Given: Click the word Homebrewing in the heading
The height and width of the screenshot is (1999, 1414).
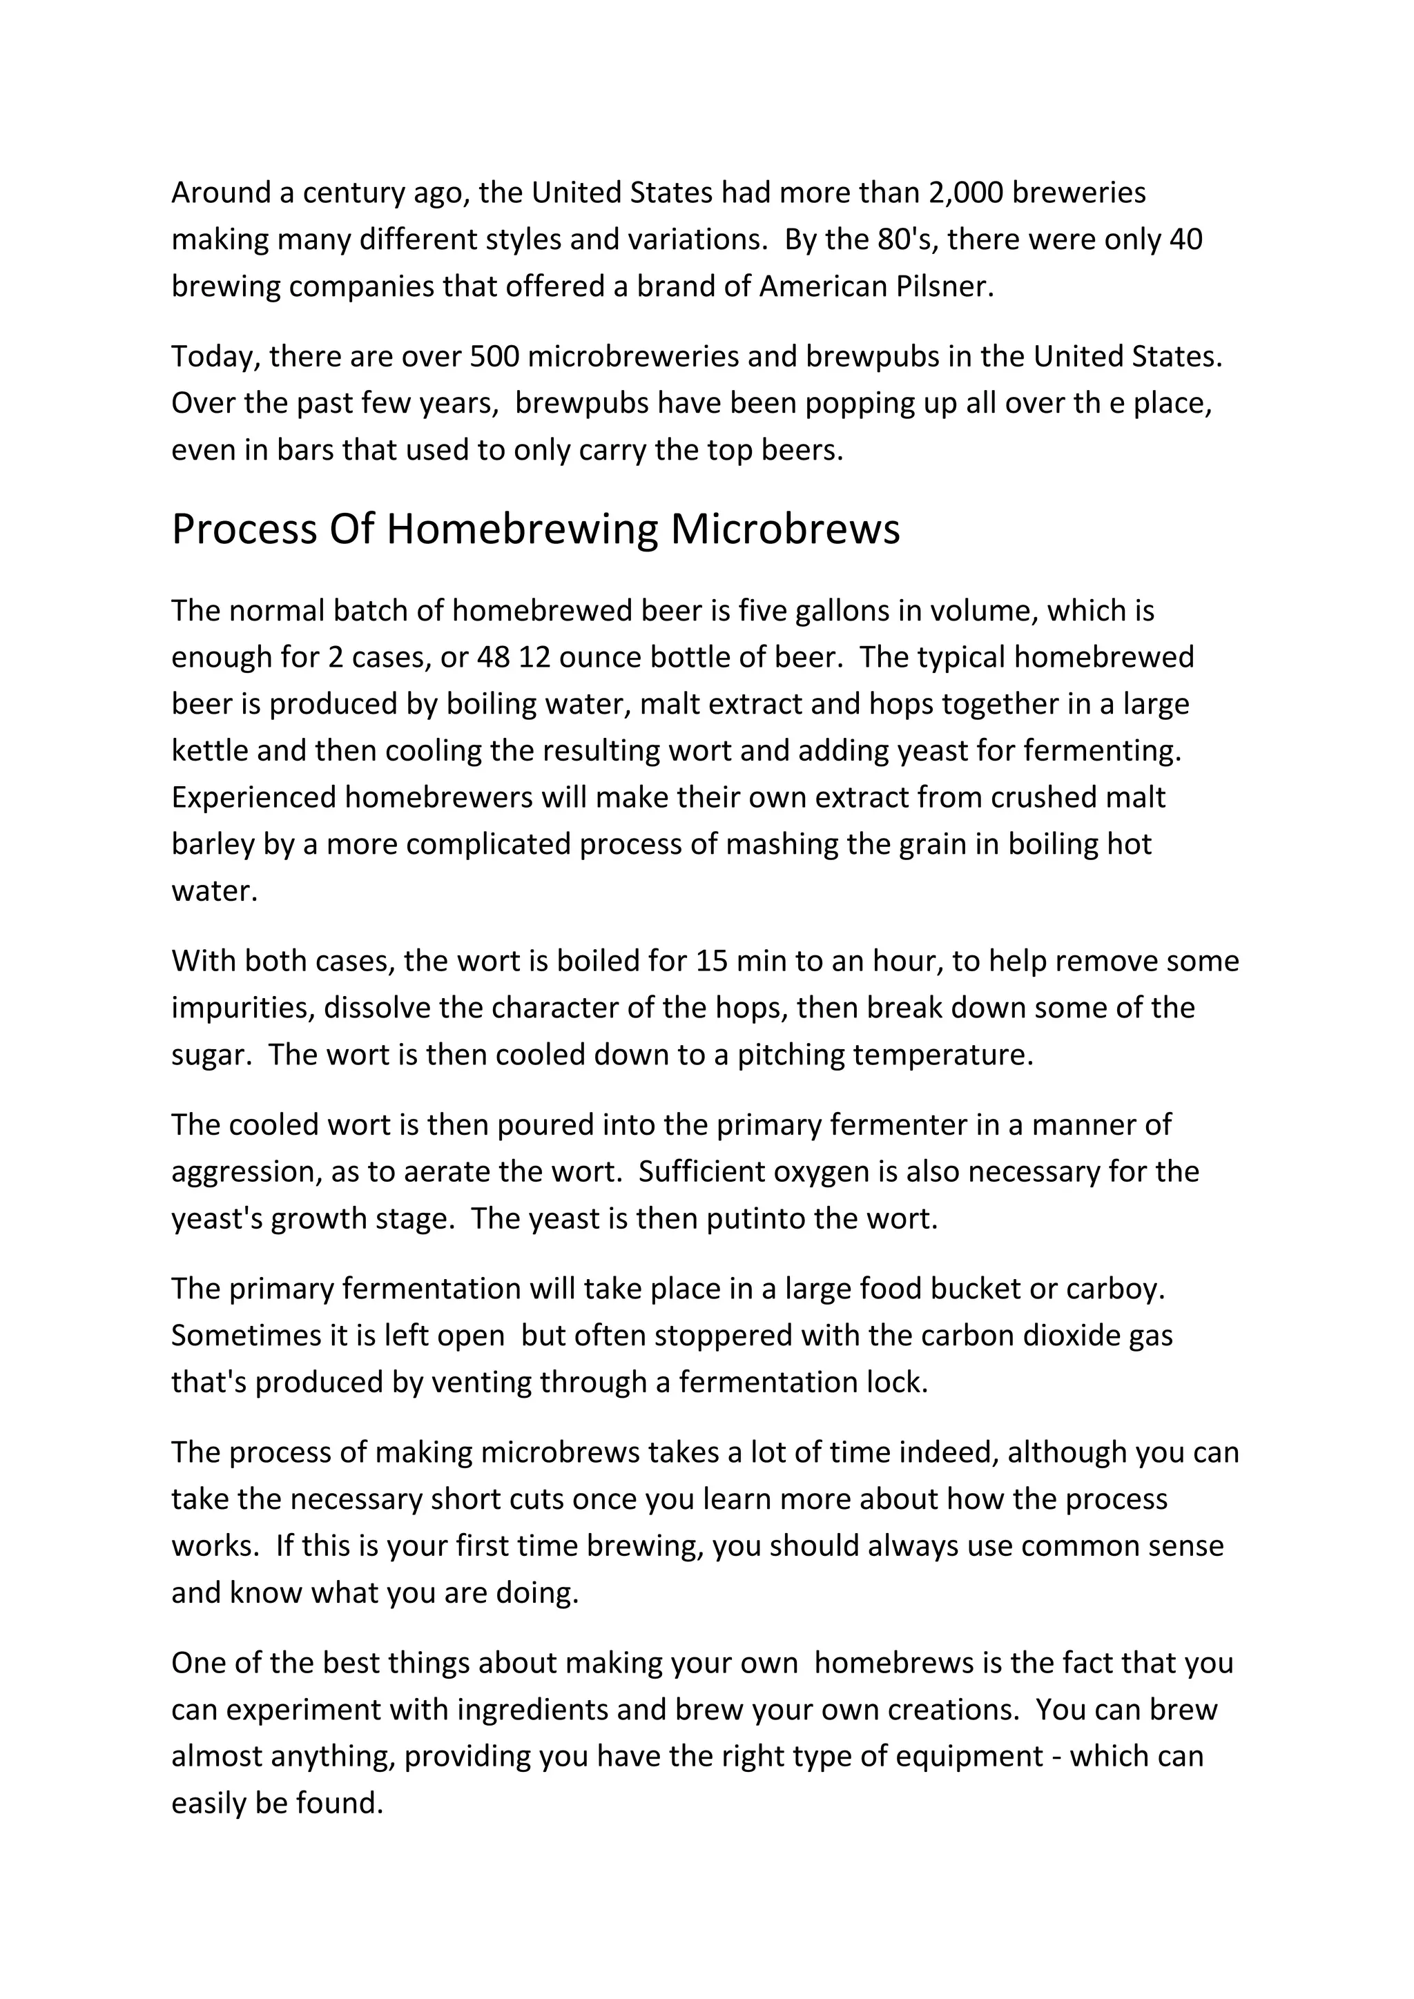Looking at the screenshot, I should [x=523, y=529].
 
